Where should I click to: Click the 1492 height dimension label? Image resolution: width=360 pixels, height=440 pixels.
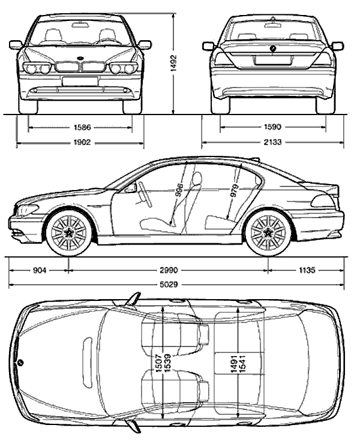pyautogui.click(x=174, y=64)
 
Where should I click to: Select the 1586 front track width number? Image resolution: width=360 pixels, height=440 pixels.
pyautogui.click(x=82, y=128)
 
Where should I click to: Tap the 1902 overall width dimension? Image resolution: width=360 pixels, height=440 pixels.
pyautogui.click(x=82, y=143)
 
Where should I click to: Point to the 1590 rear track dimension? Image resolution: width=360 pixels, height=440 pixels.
pyautogui.click(x=272, y=127)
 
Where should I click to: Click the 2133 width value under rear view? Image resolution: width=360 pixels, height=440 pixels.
pyautogui.click(x=272, y=142)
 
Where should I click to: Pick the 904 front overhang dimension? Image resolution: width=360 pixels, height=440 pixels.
pyautogui.click(x=40, y=270)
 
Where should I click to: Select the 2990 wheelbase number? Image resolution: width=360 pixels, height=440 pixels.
pyautogui.click(x=169, y=270)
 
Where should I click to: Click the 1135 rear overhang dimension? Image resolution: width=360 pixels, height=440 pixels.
pyautogui.click(x=307, y=270)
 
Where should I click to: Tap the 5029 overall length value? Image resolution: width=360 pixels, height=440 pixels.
pyautogui.click(x=169, y=285)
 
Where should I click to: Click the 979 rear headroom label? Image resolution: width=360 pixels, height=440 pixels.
pyautogui.click(x=234, y=191)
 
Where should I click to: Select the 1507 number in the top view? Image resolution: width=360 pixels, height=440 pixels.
pyautogui.click(x=159, y=363)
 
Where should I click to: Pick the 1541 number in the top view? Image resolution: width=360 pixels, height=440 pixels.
pyautogui.click(x=242, y=363)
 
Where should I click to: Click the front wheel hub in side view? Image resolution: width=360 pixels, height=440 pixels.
pyautogui.click(x=68, y=233)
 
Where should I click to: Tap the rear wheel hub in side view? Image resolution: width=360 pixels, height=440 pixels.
pyautogui.click(x=268, y=233)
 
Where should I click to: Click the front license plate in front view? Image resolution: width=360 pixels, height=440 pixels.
pyautogui.click(x=80, y=81)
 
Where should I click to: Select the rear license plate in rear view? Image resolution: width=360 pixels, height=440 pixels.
pyautogui.click(x=272, y=60)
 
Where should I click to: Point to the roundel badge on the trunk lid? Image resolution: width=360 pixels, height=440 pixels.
pyautogui.click(x=272, y=49)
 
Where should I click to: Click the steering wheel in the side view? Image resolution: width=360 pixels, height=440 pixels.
pyautogui.click(x=144, y=194)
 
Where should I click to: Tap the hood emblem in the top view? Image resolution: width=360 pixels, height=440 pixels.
pyautogui.click(x=20, y=363)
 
